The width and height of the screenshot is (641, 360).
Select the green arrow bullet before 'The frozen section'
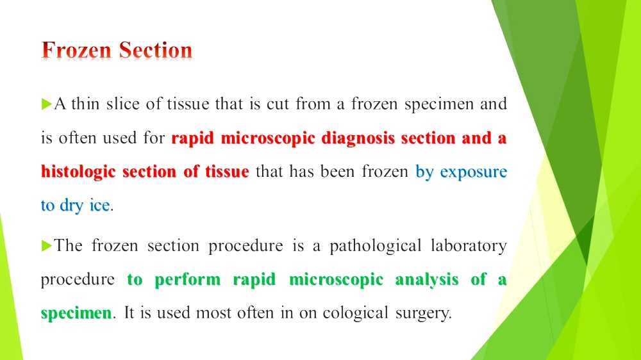pos(46,245)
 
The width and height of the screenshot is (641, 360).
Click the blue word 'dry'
pos(72,206)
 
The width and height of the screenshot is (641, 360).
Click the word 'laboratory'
pos(472,246)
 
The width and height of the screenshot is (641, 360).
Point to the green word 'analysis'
pos(426,279)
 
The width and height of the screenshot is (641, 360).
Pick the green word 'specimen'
pos(76,314)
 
